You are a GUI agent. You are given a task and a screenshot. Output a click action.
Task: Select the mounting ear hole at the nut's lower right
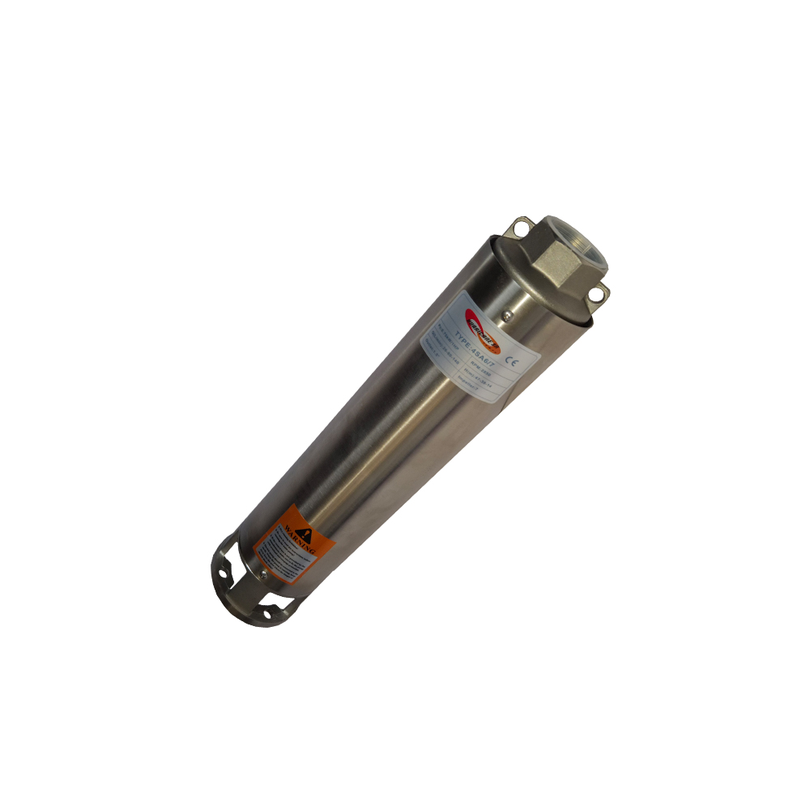click(x=599, y=294)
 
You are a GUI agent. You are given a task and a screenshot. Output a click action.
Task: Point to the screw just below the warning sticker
click(x=263, y=577)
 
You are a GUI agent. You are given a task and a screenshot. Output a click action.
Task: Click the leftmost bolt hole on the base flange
click(x=221, y=565)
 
